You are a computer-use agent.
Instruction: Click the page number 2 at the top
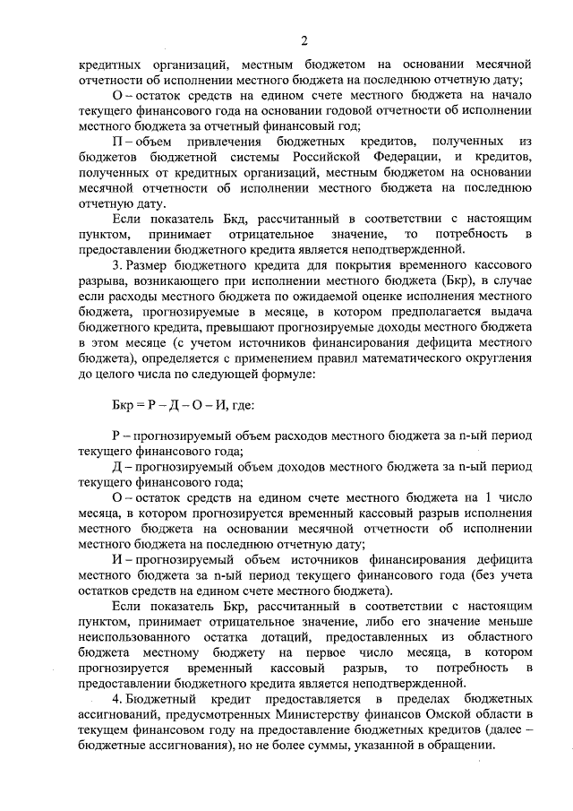pyautogui.click(x=304, y=40)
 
